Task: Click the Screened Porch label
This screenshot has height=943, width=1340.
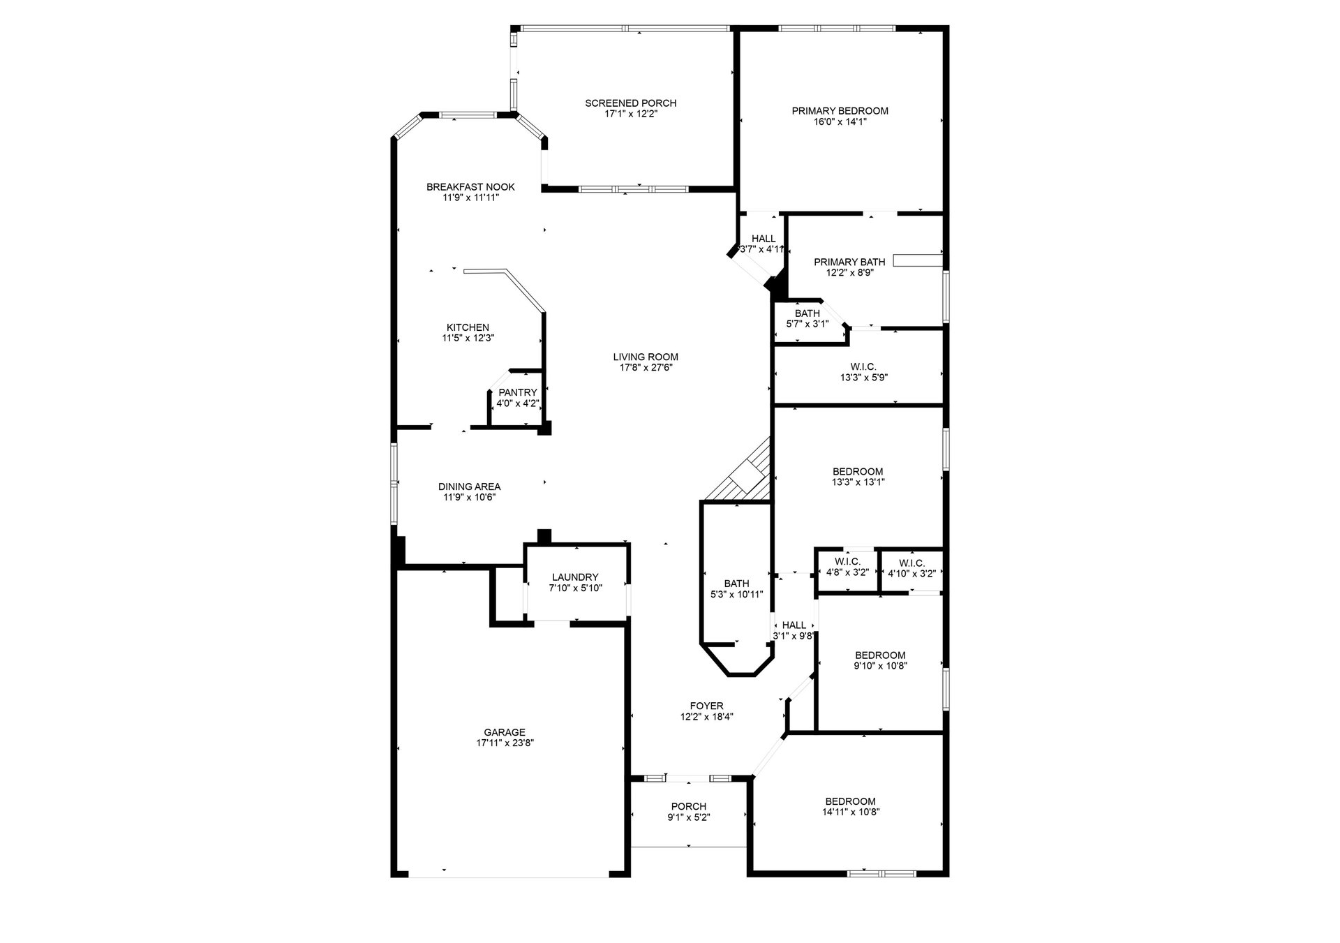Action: [630, 103]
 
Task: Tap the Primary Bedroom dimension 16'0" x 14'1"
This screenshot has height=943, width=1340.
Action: [840, 121]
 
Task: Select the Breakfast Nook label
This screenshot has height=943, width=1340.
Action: [470, 187]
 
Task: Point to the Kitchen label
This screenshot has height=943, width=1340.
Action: [468, 327]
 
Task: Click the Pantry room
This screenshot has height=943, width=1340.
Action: [517, 398]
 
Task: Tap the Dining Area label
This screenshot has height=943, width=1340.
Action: [469, 487]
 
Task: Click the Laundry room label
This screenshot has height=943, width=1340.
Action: [575, 577]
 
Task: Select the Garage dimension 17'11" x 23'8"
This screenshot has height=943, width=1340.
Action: [505, 743]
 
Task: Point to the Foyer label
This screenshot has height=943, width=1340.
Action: [706, 706]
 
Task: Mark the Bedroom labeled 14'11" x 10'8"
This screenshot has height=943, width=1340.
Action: [850, 807]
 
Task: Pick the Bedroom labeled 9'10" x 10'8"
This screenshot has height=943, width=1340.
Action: [880, 660]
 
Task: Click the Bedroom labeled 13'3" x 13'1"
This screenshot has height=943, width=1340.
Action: [858, 477]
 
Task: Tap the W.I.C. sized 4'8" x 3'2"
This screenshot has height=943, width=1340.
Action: [847, 567]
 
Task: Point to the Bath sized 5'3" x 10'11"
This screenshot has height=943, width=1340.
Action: [736, 588]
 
